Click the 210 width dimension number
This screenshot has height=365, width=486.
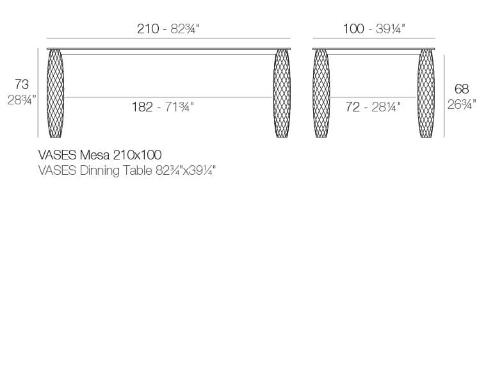tap(147, 29)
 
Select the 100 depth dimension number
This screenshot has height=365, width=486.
tap(353, 29)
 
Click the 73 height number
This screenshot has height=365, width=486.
tap(21, 85)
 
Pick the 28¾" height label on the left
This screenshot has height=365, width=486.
tap(21, 100)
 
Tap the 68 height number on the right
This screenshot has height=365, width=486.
tap(461, 89)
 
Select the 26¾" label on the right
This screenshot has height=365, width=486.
tap(461, 104)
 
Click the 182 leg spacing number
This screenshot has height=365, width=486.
tap(142, 107)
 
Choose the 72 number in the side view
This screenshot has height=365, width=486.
tap(353, 107)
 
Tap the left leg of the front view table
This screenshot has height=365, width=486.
tap(56, 93)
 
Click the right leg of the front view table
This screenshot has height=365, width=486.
tap(282, 93)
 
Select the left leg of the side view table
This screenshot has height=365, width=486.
tap(321, 93)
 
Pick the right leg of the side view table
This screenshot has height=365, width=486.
tap(426, 93)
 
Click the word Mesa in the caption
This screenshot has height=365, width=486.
tap(95, 155)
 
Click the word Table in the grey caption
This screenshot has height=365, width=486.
tap(136, 171)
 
